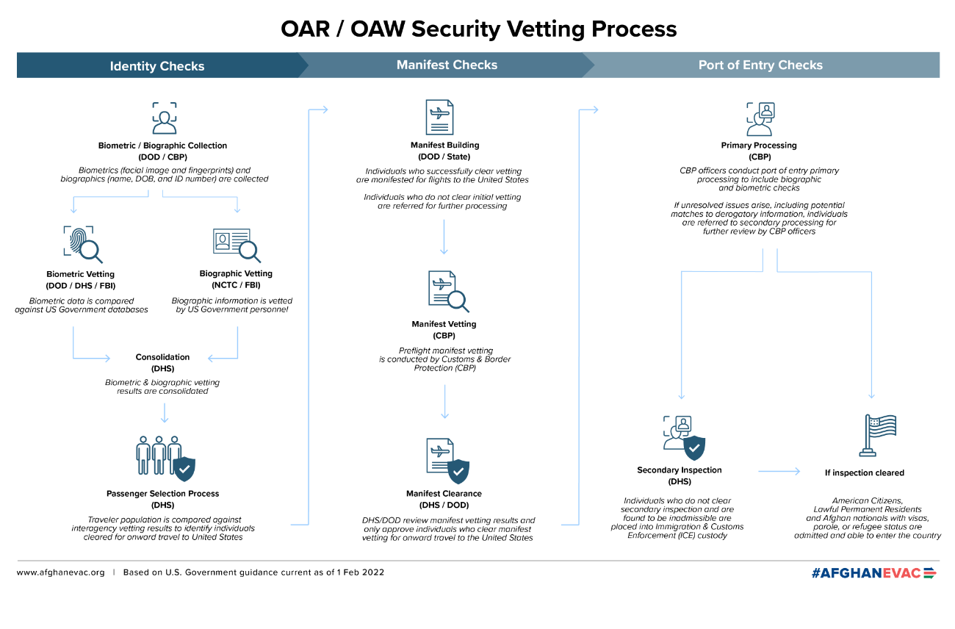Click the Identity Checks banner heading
click(x=157, y=66)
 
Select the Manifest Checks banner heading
click(x=447, y=65)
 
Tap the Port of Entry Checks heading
click(x=760, y=65)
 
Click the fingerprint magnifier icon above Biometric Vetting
click(x=83, y=245)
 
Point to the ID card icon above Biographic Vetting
click(x=237, y=245)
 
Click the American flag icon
click(x=878, y=435)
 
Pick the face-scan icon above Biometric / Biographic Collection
click(x=165, y=118)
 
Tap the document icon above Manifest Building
click(x=439, y=118)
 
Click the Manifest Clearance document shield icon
click(x=447, y=461)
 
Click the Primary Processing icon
click(x=760, y=118)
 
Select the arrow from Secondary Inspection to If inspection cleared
click(x=779, y=471)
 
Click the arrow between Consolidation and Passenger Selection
click(x=165, y=413)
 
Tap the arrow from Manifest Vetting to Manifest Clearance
click(x=444, y=402)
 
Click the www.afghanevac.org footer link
click(x=60, y=572)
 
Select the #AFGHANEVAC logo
click(x=873, y=572)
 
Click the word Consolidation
click(x=162, y=357)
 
